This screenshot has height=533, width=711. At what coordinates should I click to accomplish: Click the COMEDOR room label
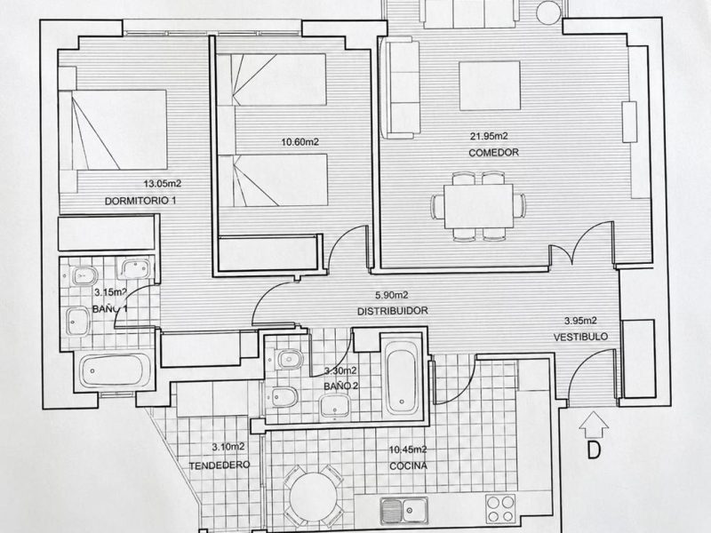pos(493,153)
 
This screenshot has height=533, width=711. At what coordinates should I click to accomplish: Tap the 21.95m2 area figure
pos(488,136)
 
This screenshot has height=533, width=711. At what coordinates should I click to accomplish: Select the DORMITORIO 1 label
pos(140,201)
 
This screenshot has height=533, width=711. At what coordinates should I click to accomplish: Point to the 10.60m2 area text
pos(300,142)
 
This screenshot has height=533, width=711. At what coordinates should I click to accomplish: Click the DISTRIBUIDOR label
pos(393,312)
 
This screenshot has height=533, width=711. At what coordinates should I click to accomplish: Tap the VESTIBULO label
pos(580,338)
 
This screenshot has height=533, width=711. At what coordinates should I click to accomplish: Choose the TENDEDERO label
pos(220,465)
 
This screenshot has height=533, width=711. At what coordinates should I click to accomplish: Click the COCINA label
pos(408,465)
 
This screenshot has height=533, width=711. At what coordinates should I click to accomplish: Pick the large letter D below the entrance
pos(594,449)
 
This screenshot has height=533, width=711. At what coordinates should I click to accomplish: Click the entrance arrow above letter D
pos(594,424)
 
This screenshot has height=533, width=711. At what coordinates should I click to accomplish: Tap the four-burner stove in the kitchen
pos(500,508)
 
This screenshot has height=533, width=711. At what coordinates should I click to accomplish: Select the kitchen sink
pos(404,509)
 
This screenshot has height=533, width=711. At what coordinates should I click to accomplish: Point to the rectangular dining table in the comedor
pos(479,206)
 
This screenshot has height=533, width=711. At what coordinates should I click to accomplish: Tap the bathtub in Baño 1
pos(115,370)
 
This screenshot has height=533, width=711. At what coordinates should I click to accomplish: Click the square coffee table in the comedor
pos(490,86)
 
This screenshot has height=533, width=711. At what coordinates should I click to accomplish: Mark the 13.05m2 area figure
pos(163,184)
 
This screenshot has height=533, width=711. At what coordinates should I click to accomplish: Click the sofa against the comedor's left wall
pos(399,87)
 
